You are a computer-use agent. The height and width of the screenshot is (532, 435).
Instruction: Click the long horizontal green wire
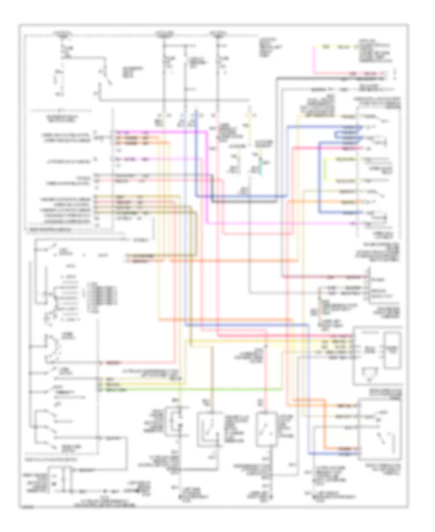point(193,388)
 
